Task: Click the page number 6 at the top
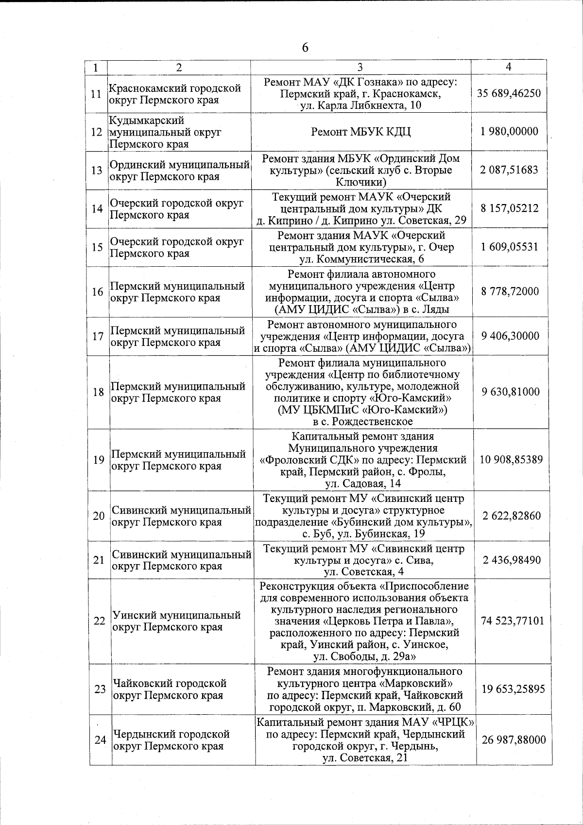[305, 48]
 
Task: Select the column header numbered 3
[360, 68]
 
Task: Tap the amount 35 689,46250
[509, 93]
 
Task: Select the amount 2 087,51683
[509, 170]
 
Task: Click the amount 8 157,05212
[509, 208]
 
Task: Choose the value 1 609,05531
[509, 247]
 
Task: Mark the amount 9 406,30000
[510, 336]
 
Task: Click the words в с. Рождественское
[363, 422]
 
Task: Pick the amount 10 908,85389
[511, 460]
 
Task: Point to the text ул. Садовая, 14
[363, 483]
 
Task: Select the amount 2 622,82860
[511, 516]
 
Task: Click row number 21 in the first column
[99, 560]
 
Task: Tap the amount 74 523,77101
[512, 621]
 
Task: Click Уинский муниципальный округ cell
[177, 621]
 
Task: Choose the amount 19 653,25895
[513, 689]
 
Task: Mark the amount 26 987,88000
[514, 740]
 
